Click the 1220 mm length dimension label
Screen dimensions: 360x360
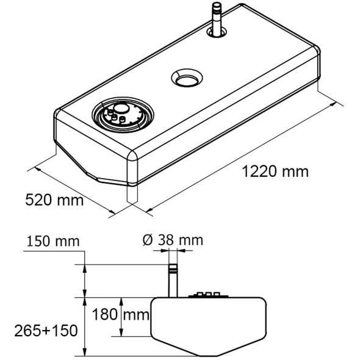[275, 171]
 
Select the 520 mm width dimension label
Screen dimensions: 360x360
[54, 200]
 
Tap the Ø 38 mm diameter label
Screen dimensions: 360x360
[173, 240]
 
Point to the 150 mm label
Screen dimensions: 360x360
[53, 241]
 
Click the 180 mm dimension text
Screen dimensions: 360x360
[121, 314]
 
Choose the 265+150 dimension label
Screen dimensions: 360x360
[46, 331]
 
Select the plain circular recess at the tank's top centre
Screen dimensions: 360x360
[187, 77]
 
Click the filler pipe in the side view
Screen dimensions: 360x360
[173, 281]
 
